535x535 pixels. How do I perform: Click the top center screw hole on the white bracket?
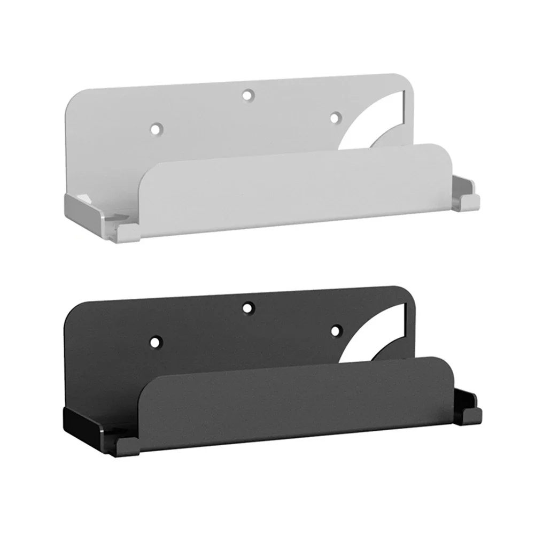pyautogui.click(x=247, y=95)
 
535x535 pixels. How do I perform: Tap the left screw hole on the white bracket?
pyautogui.click(x=156, y=129)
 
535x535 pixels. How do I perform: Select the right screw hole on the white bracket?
pyautogui.click(x=335, y=117)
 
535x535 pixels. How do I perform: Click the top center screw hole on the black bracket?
pyautogui.click(x=247, y=307)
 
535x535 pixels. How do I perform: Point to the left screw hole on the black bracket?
pyautogui.click(x=156, y=340)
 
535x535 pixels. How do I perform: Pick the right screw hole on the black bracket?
pyautogui.click(x=335, y=331)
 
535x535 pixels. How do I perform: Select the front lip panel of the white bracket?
pyautogui.click(x=299, y=187)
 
